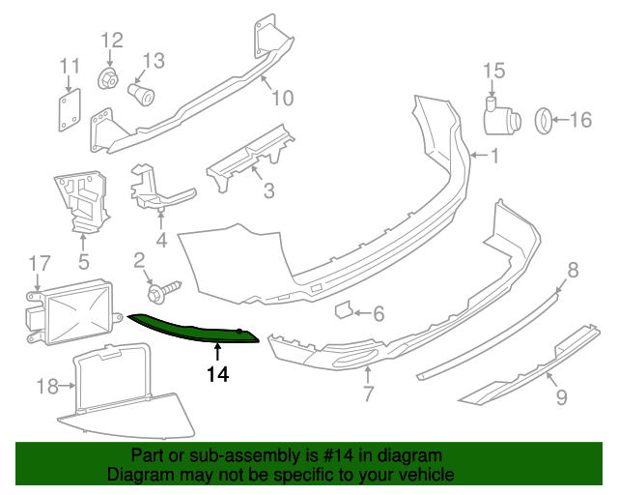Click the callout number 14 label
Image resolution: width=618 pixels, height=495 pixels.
(x=217, y=372)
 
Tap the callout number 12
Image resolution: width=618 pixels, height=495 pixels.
(x=112, y=41)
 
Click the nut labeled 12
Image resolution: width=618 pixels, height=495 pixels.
(x=109, y=76)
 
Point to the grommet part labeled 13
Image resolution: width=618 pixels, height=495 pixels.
(x=143, y=94)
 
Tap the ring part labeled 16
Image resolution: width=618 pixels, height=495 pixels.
(x=544, y=121)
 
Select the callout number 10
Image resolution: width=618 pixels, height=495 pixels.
(x=281, y=98)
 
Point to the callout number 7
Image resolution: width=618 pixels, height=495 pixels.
(x=368, y=393)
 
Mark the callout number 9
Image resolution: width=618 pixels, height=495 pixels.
(x=561, y=395)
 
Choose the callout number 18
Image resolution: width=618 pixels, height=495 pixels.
(x=47, y=387)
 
